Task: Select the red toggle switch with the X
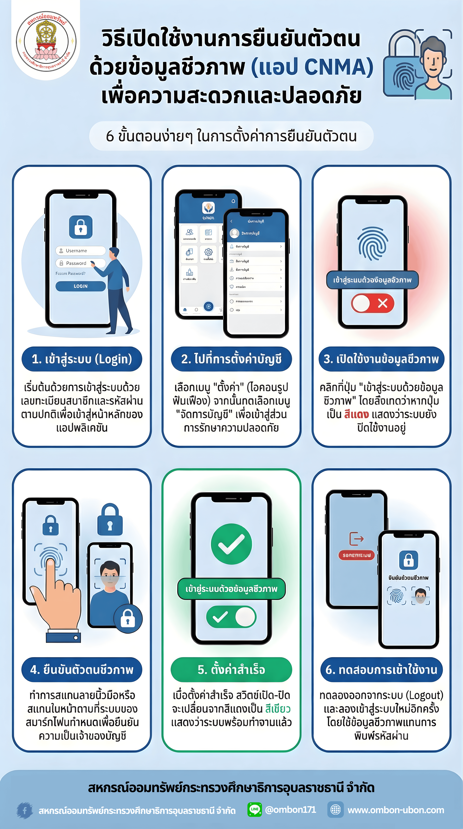point(373,303)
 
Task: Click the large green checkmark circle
point(231,544)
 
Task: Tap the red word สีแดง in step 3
point(356,414)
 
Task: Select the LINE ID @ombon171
point(290,809)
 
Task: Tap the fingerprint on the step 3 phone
point(373,244)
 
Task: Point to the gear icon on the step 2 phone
point(208,252)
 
